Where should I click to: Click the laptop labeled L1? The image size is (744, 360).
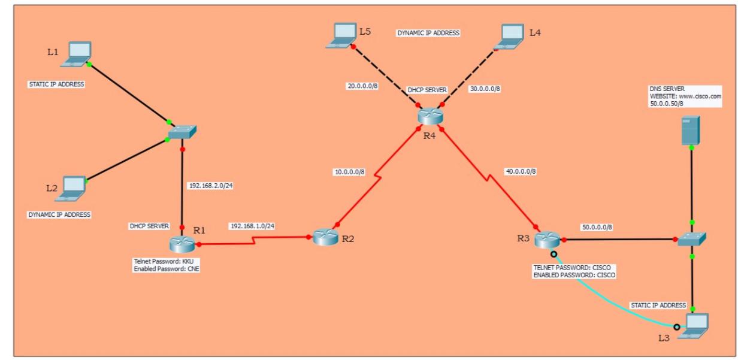(x=78, y=53)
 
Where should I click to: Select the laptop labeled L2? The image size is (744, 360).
(x=74, y=187)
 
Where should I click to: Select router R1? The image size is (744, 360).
(x=182, y=244)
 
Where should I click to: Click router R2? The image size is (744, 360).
(x=325, y=237)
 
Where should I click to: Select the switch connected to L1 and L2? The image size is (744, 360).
(x=182, y=132)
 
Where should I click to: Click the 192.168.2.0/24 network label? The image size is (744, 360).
(x=210, y=186)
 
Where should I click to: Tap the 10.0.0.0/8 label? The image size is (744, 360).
(x=349, y=173)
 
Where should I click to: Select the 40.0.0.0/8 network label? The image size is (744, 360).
(x=521, y=171)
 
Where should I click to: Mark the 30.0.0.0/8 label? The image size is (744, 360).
(x=484, y=89)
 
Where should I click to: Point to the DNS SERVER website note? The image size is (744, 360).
(x=685, y=96)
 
